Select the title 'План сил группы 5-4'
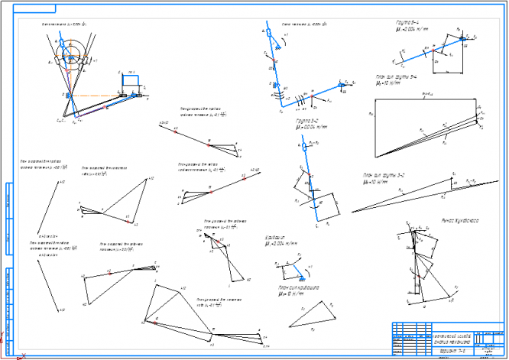397,78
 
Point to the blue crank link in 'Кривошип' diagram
288,264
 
